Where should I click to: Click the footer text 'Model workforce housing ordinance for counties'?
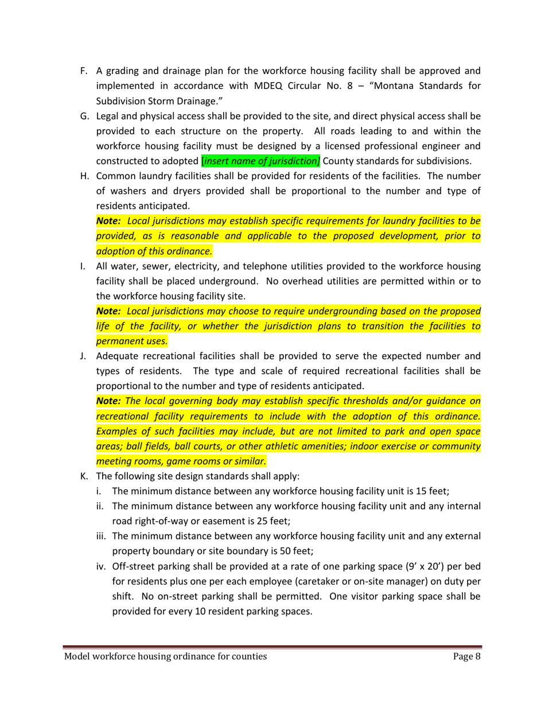(165, 657)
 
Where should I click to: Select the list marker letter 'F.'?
(83, 71)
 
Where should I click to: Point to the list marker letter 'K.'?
(84, 476)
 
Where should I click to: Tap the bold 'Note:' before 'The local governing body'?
(108, 401)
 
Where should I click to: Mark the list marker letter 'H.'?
(84, 176)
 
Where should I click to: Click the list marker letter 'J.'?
(84, 356)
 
